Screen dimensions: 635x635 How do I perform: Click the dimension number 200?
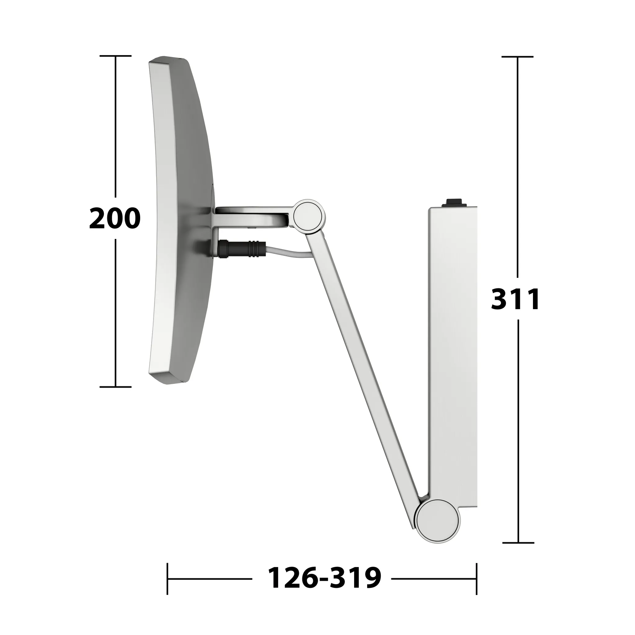(115, 218)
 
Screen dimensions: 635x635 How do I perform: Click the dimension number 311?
(515, 299)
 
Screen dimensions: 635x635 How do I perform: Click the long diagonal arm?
(365, 371)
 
